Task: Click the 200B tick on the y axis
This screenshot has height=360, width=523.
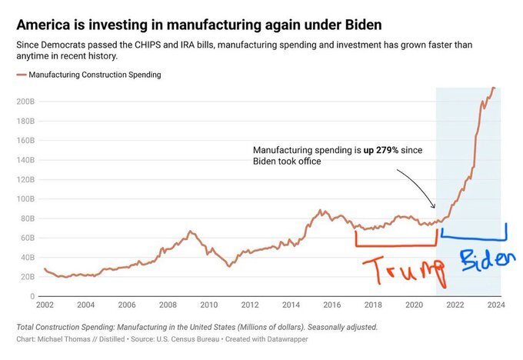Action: tap(24, 101)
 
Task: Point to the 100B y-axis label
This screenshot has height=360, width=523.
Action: tap(24, 198)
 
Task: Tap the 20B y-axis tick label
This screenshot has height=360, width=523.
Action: tap(26, 276)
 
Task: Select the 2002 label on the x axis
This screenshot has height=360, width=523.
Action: tap(45, 305)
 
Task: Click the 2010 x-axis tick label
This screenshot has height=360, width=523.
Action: tap(209, 305)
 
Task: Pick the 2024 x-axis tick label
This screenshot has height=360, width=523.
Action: tap(496, 305)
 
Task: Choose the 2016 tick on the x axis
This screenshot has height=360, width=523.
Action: tap(332, 305)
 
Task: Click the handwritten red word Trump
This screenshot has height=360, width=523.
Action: tap(403, 270)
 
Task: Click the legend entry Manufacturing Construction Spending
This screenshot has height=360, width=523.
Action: tap(94, 75)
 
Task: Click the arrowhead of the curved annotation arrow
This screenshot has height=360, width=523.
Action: tap(434, 207)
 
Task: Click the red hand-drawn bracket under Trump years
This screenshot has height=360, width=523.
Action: tap(395, 245)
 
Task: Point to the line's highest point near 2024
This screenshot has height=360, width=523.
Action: tap(493, 88)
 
